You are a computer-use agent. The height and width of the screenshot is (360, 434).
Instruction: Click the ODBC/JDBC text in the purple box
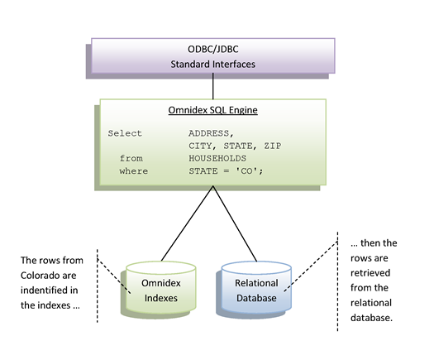click(212, 50)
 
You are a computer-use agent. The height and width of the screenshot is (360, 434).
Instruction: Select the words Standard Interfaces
click(212, 65)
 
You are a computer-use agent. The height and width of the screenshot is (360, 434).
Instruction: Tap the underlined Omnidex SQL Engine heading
click(212, 110)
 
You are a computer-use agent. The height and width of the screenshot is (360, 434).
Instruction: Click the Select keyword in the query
click(125, 133)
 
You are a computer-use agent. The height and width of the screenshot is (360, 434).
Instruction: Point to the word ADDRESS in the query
click(209, 133)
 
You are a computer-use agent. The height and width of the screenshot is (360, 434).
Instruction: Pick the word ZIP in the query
click(273, 146)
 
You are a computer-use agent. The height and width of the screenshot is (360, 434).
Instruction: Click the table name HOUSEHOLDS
click(217, 159)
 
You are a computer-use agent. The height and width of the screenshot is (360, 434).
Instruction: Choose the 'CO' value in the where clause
click(247, 171)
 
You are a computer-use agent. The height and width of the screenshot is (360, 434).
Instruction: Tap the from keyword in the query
click(131, 159)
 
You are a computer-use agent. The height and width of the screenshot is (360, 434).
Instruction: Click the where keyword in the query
click(134, 171)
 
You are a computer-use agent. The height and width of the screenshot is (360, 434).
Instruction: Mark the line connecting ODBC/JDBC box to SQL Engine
click(212, 86)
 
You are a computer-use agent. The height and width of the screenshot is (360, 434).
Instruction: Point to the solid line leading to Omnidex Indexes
click(187, 223)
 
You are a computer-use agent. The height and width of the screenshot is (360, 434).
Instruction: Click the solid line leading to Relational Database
click(235, 223)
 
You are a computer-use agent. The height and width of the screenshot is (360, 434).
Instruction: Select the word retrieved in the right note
click(370, 273)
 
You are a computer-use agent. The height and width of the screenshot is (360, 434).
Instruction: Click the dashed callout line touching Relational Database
click(311, 266)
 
